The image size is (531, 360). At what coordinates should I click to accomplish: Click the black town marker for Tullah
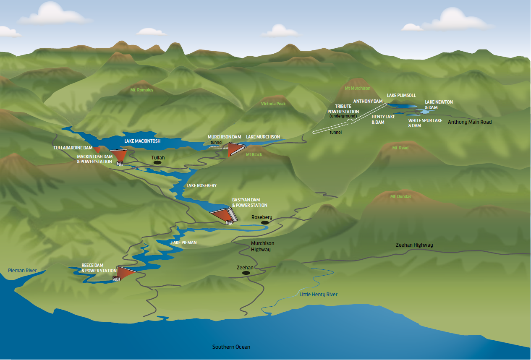coord(157,162)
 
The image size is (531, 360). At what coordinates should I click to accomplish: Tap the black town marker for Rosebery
coord(265,223)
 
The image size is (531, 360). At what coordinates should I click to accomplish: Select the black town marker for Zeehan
coord(246,273)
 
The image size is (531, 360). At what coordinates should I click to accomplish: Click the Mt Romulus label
coord(142,90)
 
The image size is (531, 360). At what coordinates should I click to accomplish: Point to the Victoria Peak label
coord(273,104)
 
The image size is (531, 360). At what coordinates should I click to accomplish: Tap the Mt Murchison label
coord(357,89)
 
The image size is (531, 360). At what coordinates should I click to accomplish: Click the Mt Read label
coord(400,148)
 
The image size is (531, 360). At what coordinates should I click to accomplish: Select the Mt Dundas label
coord(400,197)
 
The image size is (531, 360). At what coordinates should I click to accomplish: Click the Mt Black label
coord(254,155)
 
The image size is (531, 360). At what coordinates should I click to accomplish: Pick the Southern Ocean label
coord(231,347)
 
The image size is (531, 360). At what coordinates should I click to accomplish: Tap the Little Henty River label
coord(318,295)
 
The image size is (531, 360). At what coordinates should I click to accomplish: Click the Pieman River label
coord(22,271)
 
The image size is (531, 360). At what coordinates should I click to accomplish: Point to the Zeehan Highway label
coord(414,245)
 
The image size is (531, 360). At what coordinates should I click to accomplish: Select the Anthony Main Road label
coord(469,122)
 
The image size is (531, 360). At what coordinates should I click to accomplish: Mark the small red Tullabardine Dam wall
coord(97,149)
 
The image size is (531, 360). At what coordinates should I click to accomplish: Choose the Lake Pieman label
coord(184,243)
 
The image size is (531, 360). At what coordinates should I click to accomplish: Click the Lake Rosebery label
coord(201,185)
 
